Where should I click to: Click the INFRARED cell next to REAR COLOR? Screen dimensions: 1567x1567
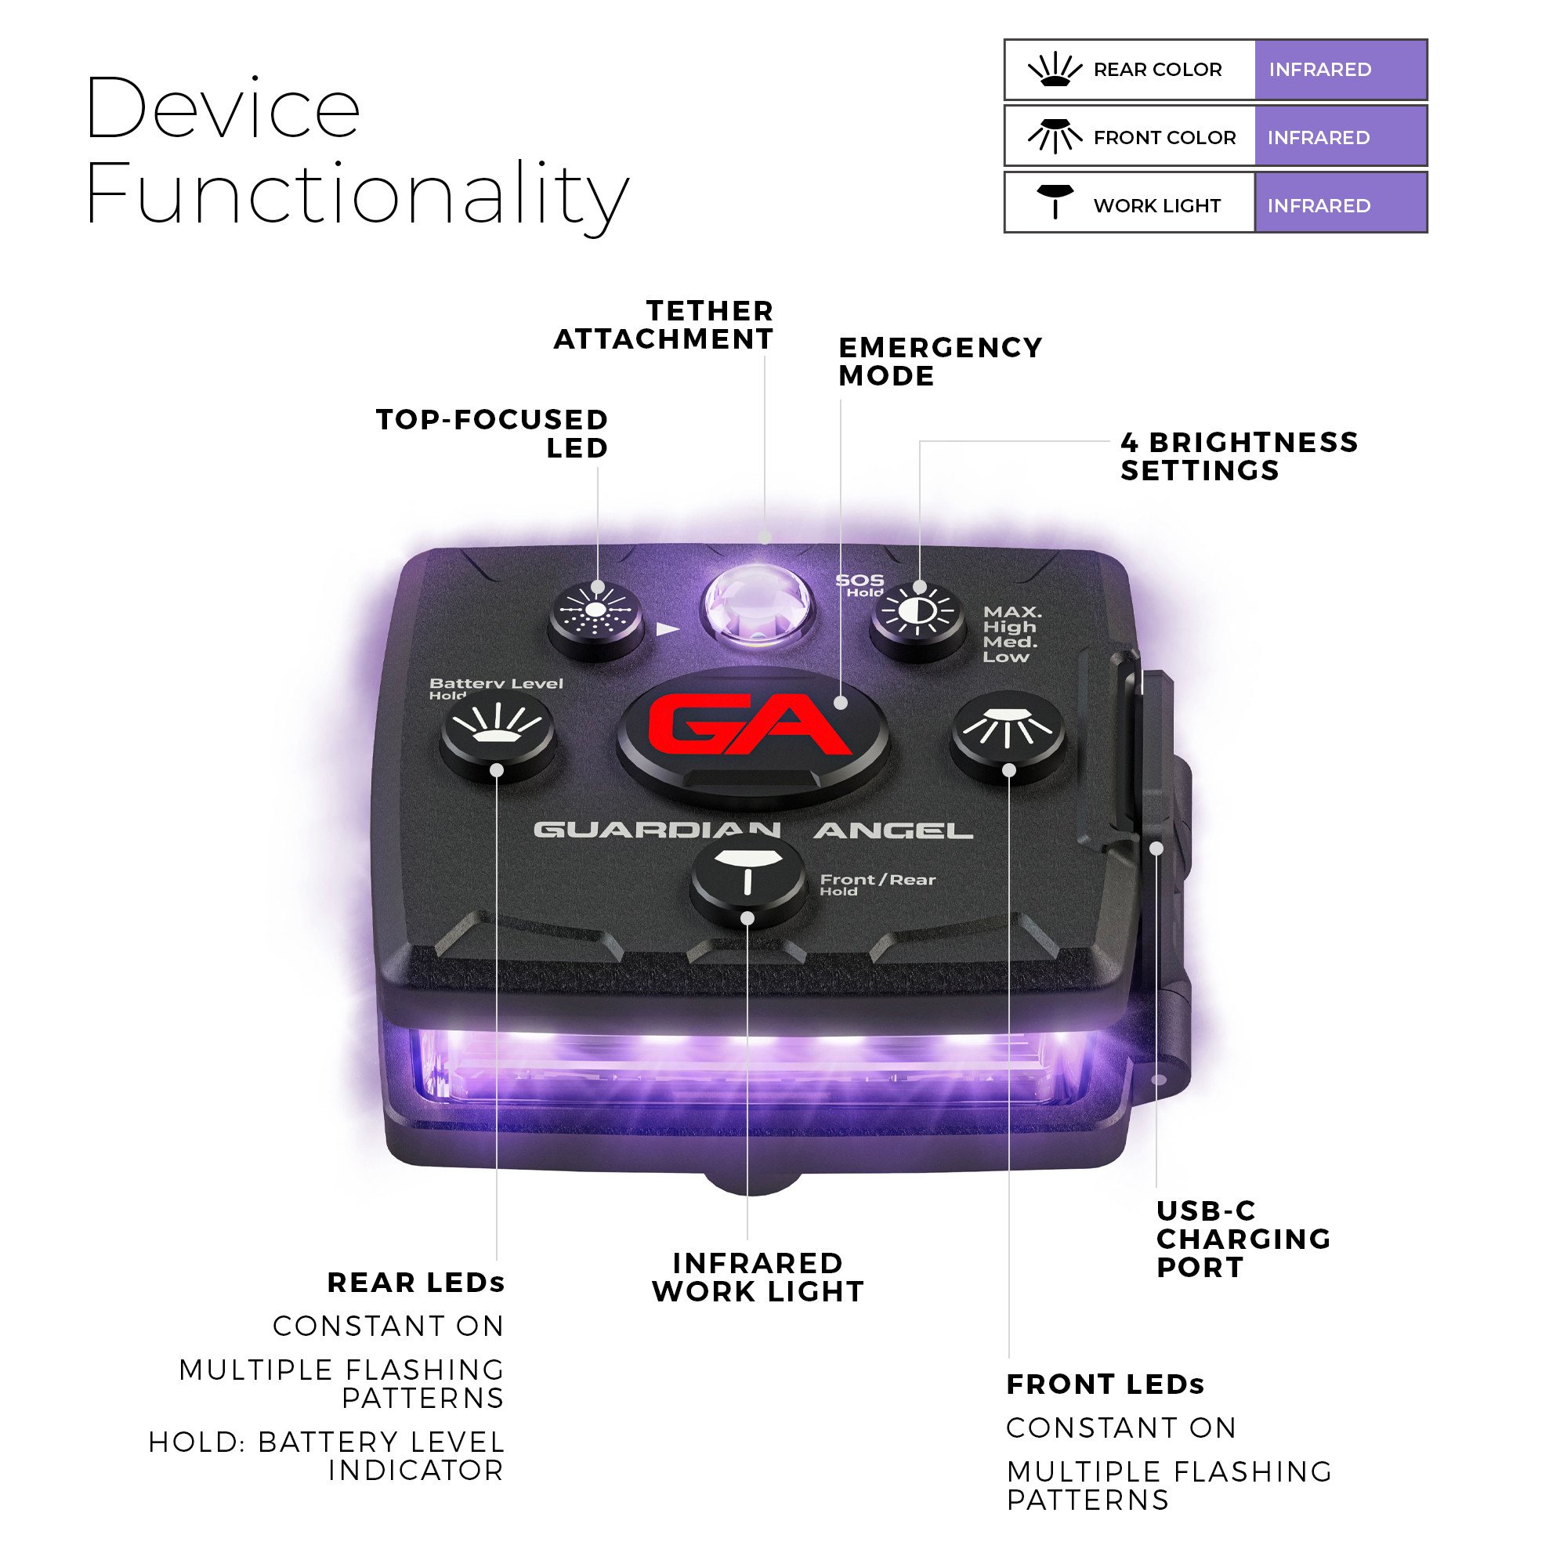tap(1340, 70)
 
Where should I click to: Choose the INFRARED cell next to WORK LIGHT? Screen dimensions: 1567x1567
tap(1340, 205)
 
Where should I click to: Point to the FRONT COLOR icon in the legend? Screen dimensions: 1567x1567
tap(1055, 136)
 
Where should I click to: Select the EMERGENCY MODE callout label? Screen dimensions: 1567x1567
tap(939, 361)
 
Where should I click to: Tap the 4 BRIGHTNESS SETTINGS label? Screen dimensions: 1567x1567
tap(1238, 456)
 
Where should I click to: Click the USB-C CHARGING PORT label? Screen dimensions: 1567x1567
tap(1243, 1239)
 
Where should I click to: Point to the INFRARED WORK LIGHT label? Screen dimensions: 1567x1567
tap(758, 1277)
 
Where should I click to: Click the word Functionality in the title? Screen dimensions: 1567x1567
tap(356, 194)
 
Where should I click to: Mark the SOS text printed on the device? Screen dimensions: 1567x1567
tap(859, 580)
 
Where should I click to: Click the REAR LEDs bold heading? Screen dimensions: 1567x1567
tap(415, 1283)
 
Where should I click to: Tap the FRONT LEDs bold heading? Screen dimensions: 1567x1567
tap(1105, 1384)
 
